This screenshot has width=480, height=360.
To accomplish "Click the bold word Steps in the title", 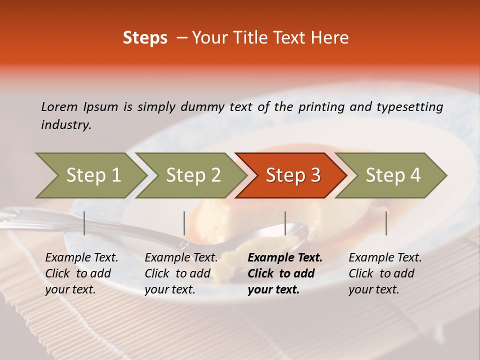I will tap(145, 38).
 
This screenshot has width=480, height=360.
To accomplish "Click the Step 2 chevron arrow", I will tap(192, 175).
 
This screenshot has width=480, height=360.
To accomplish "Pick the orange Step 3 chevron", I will tap(292, 175).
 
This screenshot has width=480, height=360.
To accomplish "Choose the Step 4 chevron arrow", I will tap(392, 175).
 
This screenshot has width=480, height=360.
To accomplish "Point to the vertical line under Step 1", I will tap(84, 223).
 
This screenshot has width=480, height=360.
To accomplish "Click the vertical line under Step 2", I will tap(184, 223).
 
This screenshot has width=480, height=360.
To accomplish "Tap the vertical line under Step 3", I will tap(285, 223).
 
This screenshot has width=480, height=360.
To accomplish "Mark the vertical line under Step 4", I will tap(386, 223).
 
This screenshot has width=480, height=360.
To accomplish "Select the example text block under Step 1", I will tap(81, 273).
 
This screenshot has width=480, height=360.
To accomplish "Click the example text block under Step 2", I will tap(181, 273).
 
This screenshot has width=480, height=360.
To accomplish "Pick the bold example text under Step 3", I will tap(284, 273).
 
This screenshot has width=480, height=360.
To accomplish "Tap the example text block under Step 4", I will tap(385, 273).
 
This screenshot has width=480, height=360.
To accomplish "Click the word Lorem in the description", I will tap(59, 106).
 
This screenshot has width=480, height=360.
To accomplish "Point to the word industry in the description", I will tap(66, 125).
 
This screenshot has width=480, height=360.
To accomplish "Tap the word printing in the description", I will tap(320, 106).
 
